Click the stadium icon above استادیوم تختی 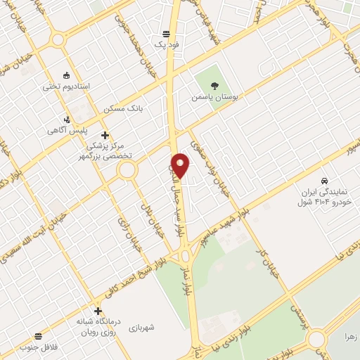click(67, 75)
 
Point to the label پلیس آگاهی click(67, 131)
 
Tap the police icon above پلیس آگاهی click(67, 120)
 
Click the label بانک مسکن click(123, 109)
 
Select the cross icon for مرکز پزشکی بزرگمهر click(105, 134)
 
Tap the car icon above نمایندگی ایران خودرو click(324, 181)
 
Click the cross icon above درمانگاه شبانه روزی click(98, 310)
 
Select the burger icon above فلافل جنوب click(38, 336)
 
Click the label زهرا click(350, 336)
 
